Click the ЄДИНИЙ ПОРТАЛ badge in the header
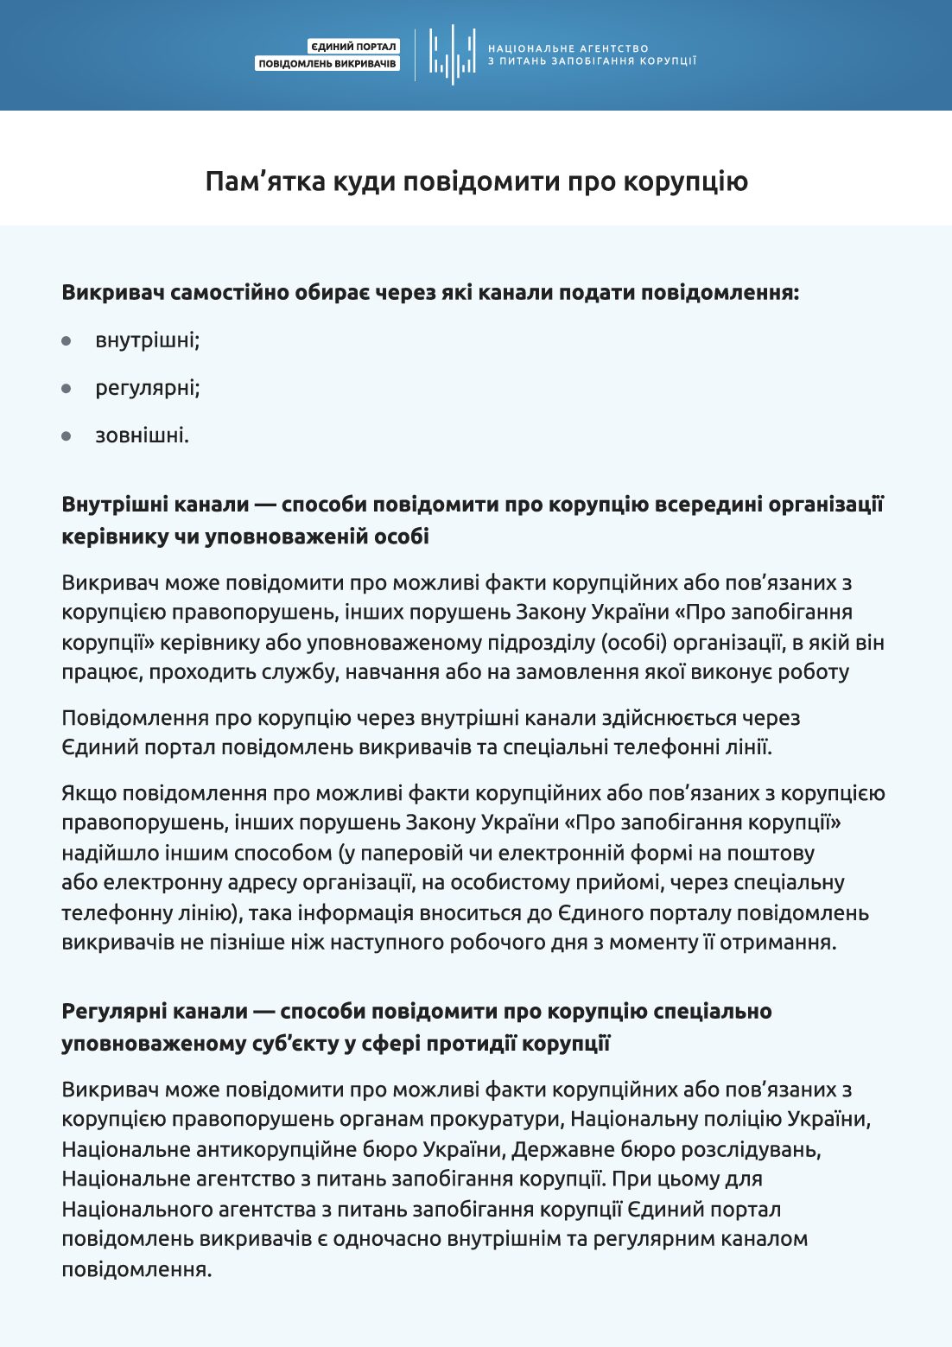[353, 47]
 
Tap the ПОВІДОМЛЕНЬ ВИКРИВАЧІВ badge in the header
[327, 64]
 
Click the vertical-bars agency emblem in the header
[453, 54]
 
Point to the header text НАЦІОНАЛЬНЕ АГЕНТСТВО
[568, 48]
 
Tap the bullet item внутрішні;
[148, 340]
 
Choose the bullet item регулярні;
[148, 388]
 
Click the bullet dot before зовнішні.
[67, 435]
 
